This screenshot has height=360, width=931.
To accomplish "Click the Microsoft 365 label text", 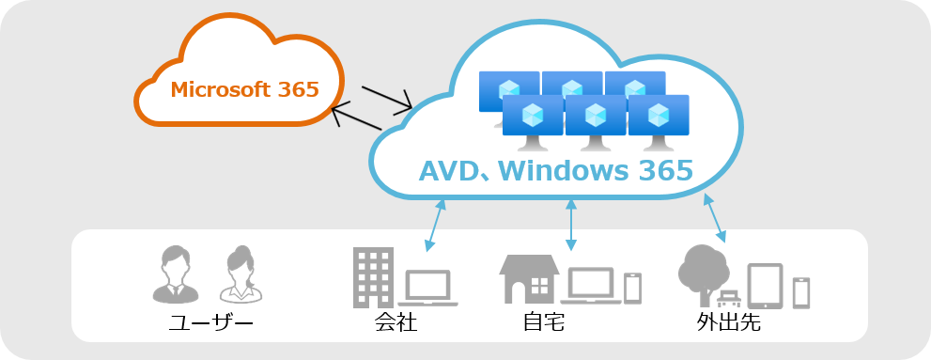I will pos(244,90).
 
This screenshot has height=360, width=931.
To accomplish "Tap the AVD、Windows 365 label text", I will pos(555,171).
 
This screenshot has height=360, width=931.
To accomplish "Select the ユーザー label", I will pos(211,324).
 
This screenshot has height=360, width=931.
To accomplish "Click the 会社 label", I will pos(395,324).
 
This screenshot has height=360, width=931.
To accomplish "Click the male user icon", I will pos(175,274).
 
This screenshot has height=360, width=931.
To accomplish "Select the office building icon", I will pos(373,277).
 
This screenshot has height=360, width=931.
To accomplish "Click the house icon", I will pos(530,278).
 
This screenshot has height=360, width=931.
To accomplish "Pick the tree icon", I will pos(703,273).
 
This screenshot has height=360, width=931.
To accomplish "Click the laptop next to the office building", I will pos(429,288).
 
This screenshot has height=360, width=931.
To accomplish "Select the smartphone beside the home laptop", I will pos(633,288).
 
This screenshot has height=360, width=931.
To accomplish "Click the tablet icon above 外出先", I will pos(765,286).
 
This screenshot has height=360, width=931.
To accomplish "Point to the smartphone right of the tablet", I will pos(801,291).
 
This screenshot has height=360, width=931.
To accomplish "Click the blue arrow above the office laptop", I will pos(434,225).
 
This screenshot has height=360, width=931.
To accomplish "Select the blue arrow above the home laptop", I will pos(571,224).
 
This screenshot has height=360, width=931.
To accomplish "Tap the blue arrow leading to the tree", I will pos(715,217).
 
